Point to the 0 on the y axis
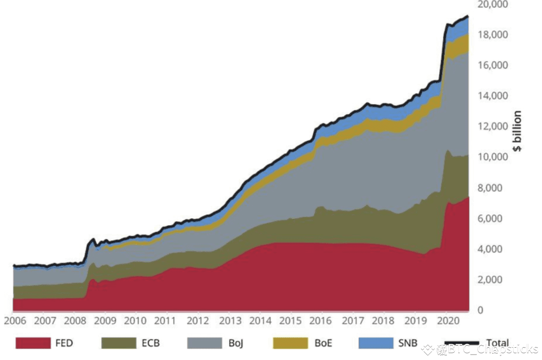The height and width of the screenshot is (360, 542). click(x=481, y=310)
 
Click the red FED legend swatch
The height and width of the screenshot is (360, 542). click(x=33, y=343)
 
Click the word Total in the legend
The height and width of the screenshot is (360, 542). click(x=497, y=343)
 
